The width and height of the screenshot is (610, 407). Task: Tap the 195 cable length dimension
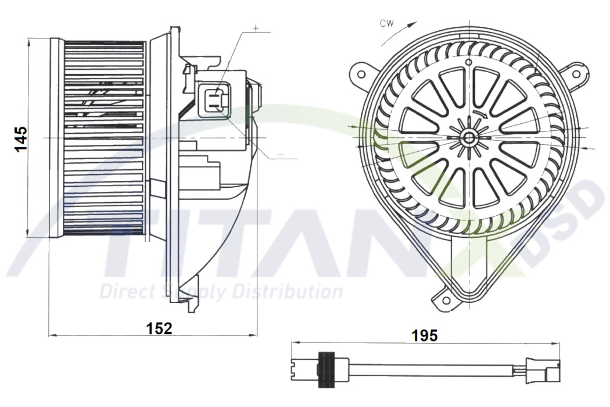click(x=425, y=335)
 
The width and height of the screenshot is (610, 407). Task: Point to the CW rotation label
click(x=387, y=23)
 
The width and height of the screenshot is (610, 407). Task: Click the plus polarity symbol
click(x=256, y=27)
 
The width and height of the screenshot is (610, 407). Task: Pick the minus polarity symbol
click(x=280, y=155)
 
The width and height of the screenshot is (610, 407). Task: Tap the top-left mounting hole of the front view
click(x=361, y=74)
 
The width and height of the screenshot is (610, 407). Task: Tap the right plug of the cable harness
click(x=543, y=368)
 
